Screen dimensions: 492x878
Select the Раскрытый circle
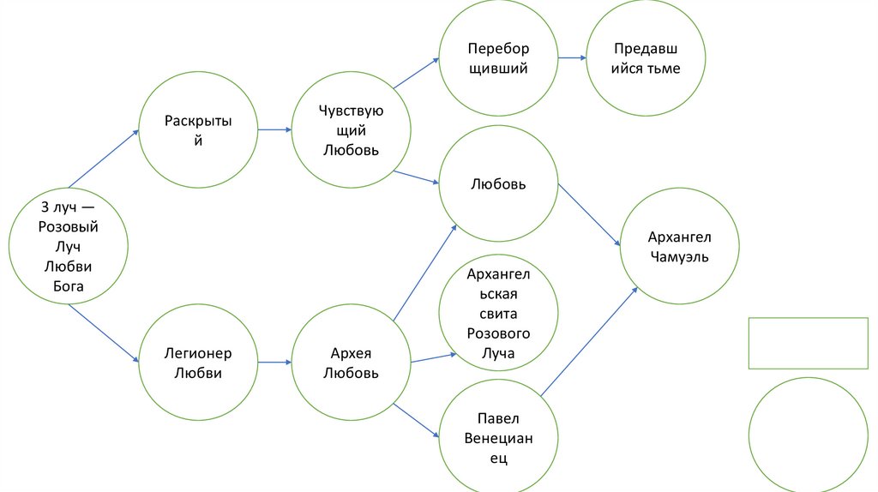click(198, 130)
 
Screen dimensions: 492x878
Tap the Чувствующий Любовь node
click(351, 130)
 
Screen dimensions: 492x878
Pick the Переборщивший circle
click(498, 58)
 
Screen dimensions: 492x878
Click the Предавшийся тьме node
click(646, 58)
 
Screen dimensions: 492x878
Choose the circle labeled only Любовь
click(498, 184)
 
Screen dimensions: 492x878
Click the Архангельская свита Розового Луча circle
click(498, 314)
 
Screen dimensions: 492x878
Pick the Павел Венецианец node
click(498, 437)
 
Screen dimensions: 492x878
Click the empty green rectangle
click(809, 343)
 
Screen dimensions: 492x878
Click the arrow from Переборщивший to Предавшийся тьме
click(572, 58)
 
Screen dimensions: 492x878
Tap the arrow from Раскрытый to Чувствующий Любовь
click(274, 130)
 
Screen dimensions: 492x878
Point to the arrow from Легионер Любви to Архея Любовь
click(274, 362)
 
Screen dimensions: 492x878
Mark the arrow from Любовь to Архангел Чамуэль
click(590, 214)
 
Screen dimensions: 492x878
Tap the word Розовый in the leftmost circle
click(69, 227)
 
